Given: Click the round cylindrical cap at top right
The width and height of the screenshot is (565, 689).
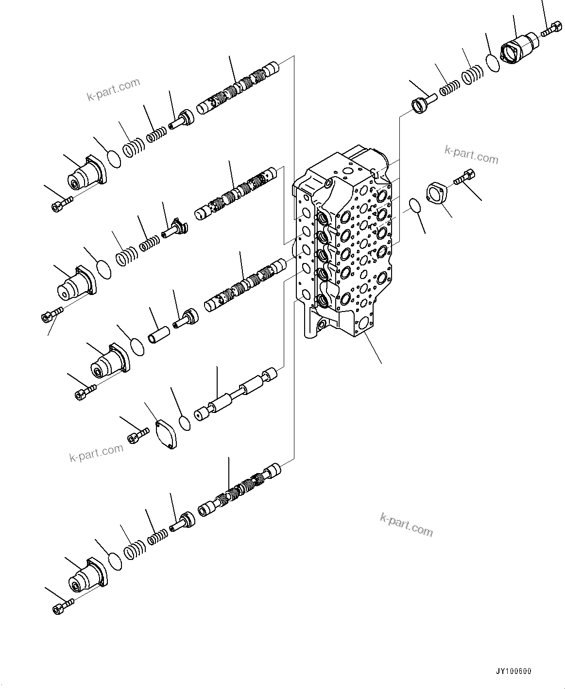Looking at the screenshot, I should tap(518, 47).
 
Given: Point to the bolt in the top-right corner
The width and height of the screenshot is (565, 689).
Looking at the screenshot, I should tap(548, 32).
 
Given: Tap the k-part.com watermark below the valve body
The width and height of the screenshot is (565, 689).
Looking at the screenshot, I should tap(406, 525).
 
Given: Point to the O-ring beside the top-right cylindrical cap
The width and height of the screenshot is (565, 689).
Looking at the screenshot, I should tap(493, 63).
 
